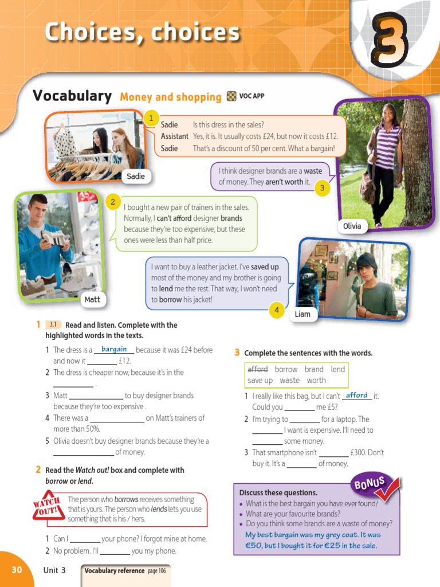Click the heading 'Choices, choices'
(142, 32)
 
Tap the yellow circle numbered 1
(151, 118)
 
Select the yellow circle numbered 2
(113, 202)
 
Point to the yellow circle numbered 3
(323, 187)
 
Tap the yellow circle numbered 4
(277, 311)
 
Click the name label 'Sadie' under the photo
(136, 176)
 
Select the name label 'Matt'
(92, 299)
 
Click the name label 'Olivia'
(352, 226)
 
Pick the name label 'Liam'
(302, 314)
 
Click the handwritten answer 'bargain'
(114, 349)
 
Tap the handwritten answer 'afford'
(357, 395)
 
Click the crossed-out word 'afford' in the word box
(258, 369)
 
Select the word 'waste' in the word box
(290, 380)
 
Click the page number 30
(17, 569)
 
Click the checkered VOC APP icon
(231, 96)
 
